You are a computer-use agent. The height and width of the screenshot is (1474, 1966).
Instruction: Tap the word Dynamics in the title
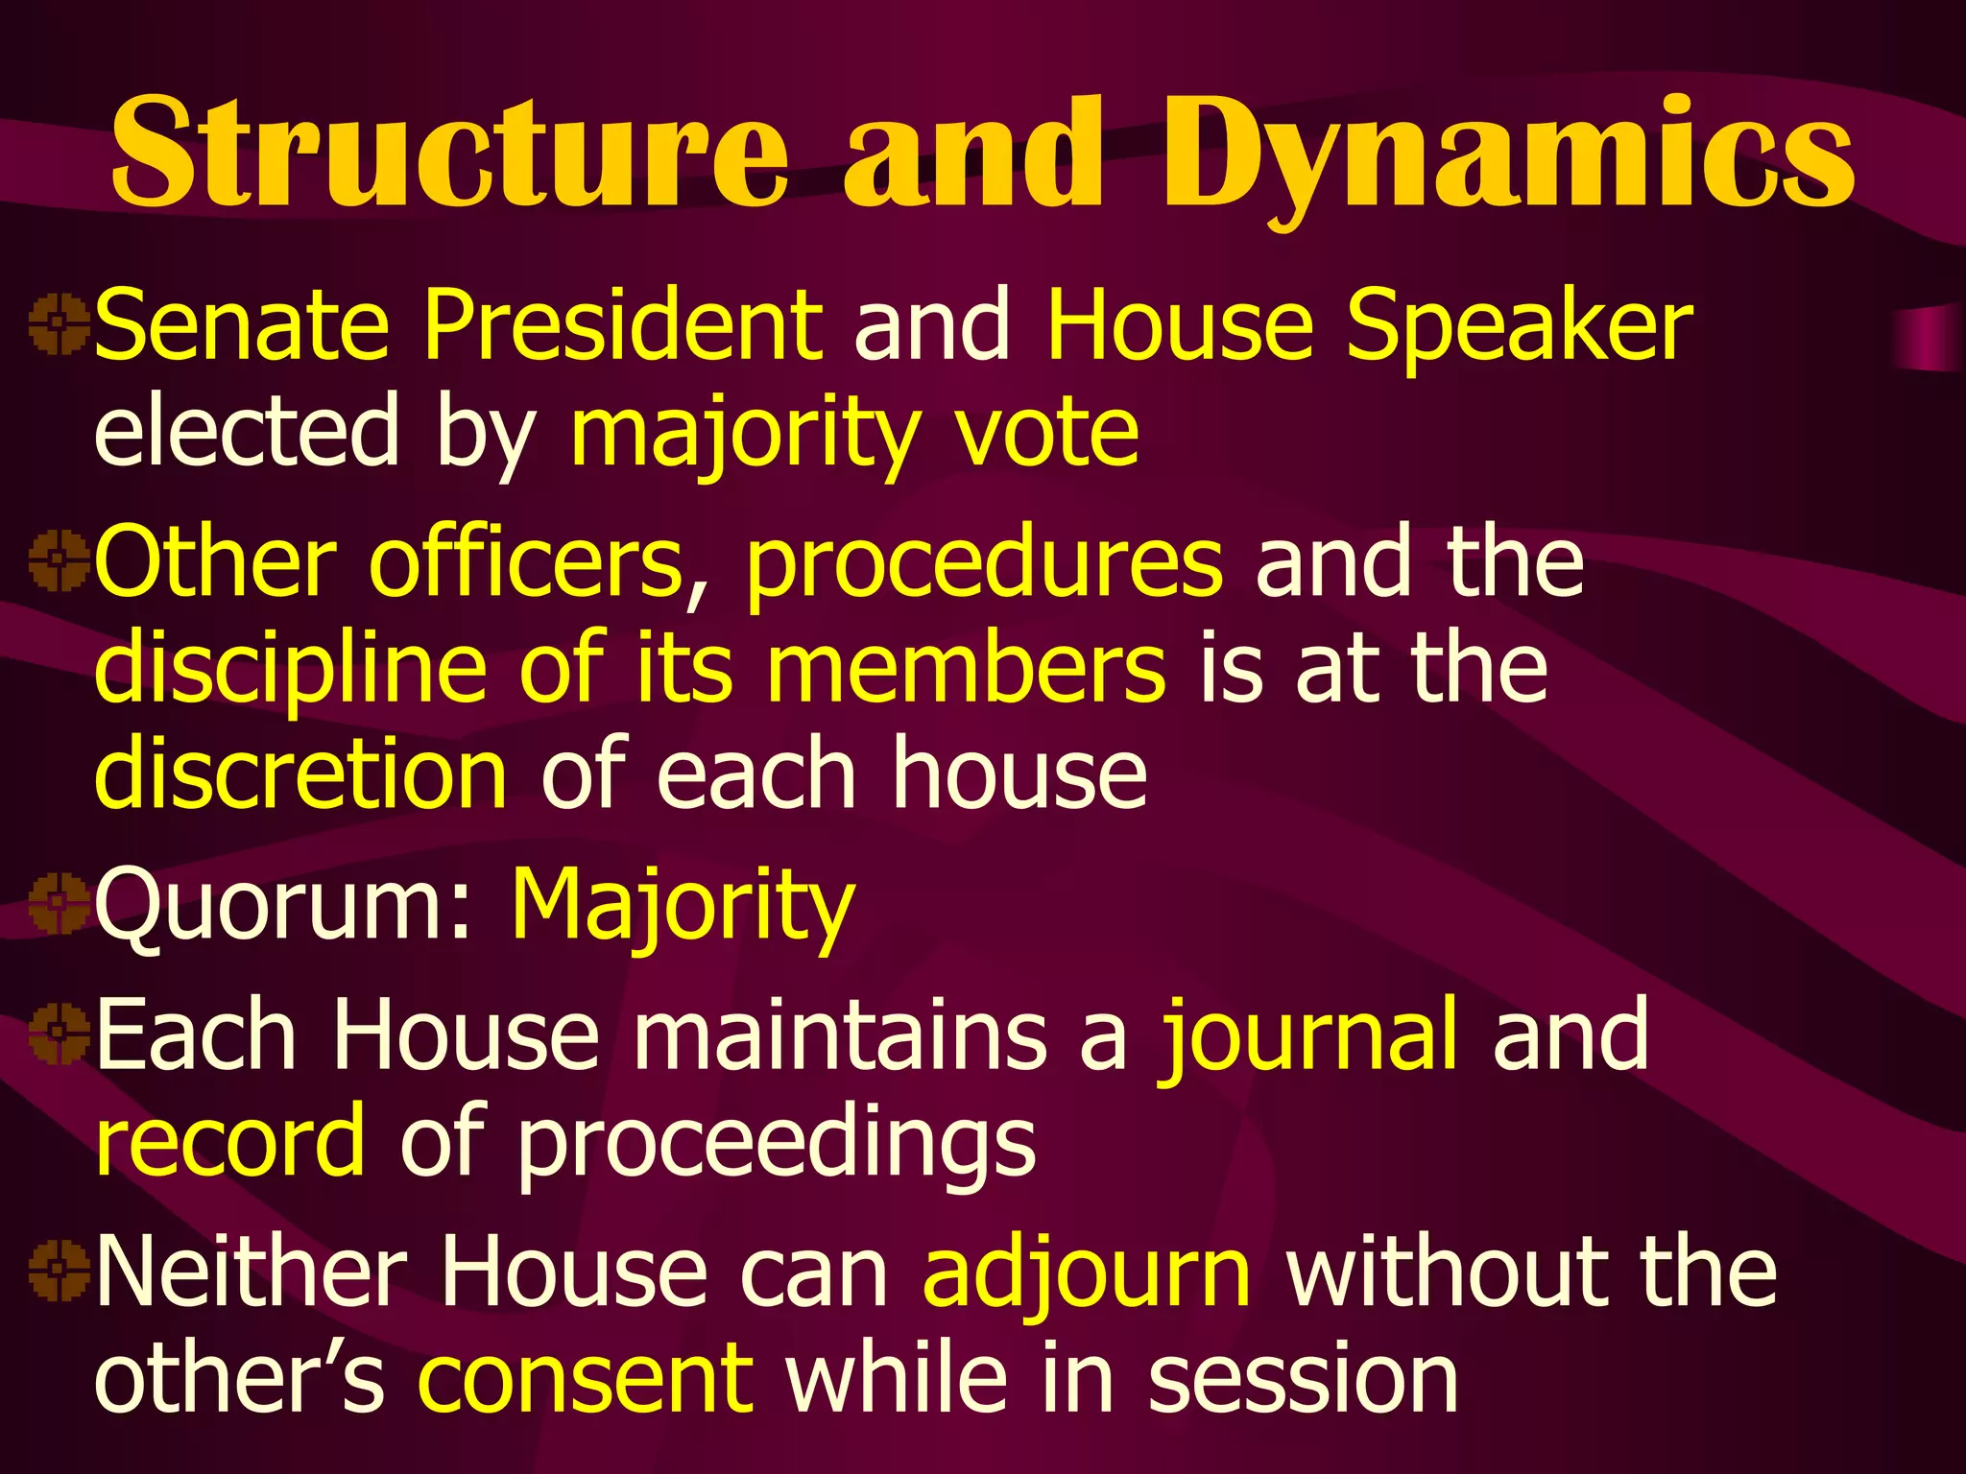(x=1507, y=154)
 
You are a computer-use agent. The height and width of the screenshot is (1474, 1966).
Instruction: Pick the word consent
(x=586, y=1379)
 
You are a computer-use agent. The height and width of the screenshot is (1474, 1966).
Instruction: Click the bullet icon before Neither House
(x=58, y=1271)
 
